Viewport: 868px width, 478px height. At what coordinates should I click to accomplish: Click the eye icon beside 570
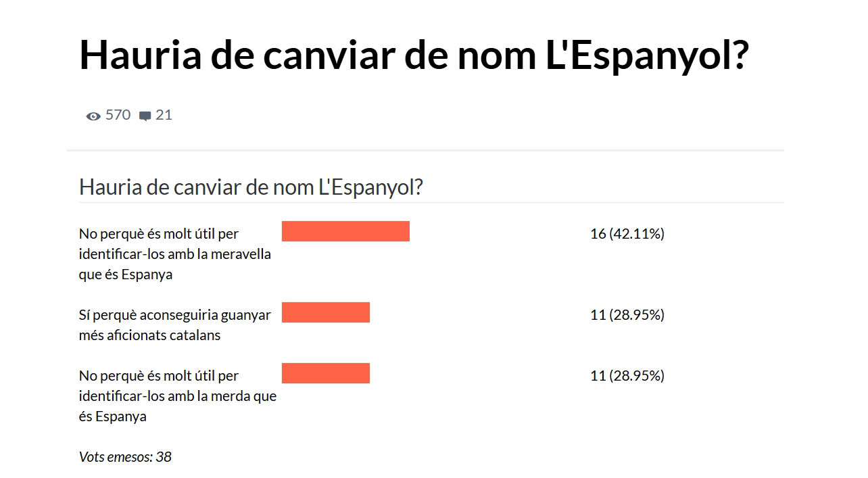click(93, 116)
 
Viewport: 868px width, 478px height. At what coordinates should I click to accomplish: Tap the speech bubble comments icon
click(145, 116)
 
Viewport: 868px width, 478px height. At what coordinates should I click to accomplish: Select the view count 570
click(118, 115)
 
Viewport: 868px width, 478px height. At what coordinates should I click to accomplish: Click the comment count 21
click(164, 115)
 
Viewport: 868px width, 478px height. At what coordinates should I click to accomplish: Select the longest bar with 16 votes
click(345, 231)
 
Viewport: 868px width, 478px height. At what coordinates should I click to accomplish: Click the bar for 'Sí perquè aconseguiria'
click(326, 312)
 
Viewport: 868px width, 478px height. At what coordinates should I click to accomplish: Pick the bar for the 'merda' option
click(326, 373)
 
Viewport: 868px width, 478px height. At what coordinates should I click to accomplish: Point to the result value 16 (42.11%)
click(627, 234)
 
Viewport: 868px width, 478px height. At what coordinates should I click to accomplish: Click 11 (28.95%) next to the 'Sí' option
click(627, 315)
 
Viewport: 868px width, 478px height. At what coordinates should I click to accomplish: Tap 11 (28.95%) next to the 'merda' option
click(627, 376)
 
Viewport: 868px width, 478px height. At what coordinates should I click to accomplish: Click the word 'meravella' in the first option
click(241, 254)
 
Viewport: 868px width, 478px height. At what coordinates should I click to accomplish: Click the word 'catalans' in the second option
click(197, 335)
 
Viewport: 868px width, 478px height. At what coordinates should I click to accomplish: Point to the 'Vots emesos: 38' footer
click(125, 457)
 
